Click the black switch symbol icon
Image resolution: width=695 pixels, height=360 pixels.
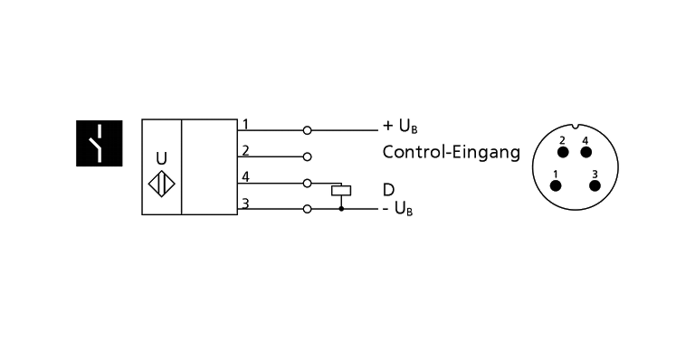[x=98, y=142]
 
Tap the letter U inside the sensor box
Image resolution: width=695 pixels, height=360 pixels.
[x=161, y=157]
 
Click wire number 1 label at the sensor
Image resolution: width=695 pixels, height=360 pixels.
[x=244, y=124]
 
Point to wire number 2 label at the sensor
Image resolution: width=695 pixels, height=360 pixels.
[x=244, y=149]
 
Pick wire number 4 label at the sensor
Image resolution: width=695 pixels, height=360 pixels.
[x=244, y=176]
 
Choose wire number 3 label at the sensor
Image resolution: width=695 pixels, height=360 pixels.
[x=244, y=203]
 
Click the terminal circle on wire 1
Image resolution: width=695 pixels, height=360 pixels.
[x=308, y=129]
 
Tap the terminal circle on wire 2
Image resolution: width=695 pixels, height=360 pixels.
[x=308, y=156]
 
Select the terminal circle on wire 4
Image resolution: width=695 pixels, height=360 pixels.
[x=308, y=183]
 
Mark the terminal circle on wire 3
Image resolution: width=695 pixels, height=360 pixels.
[x=308, y=209]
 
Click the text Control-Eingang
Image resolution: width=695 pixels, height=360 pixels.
[x=451, y=152]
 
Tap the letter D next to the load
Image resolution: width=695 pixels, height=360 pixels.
[x=388, y=190]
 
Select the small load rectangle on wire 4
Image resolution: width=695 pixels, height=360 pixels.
[x=341, y=191]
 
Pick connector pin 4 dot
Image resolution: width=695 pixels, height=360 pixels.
[x=585, y=151]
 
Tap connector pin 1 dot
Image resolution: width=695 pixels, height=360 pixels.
[x=557, y=185]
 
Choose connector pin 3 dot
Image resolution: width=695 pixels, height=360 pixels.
[x=595, y=185]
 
